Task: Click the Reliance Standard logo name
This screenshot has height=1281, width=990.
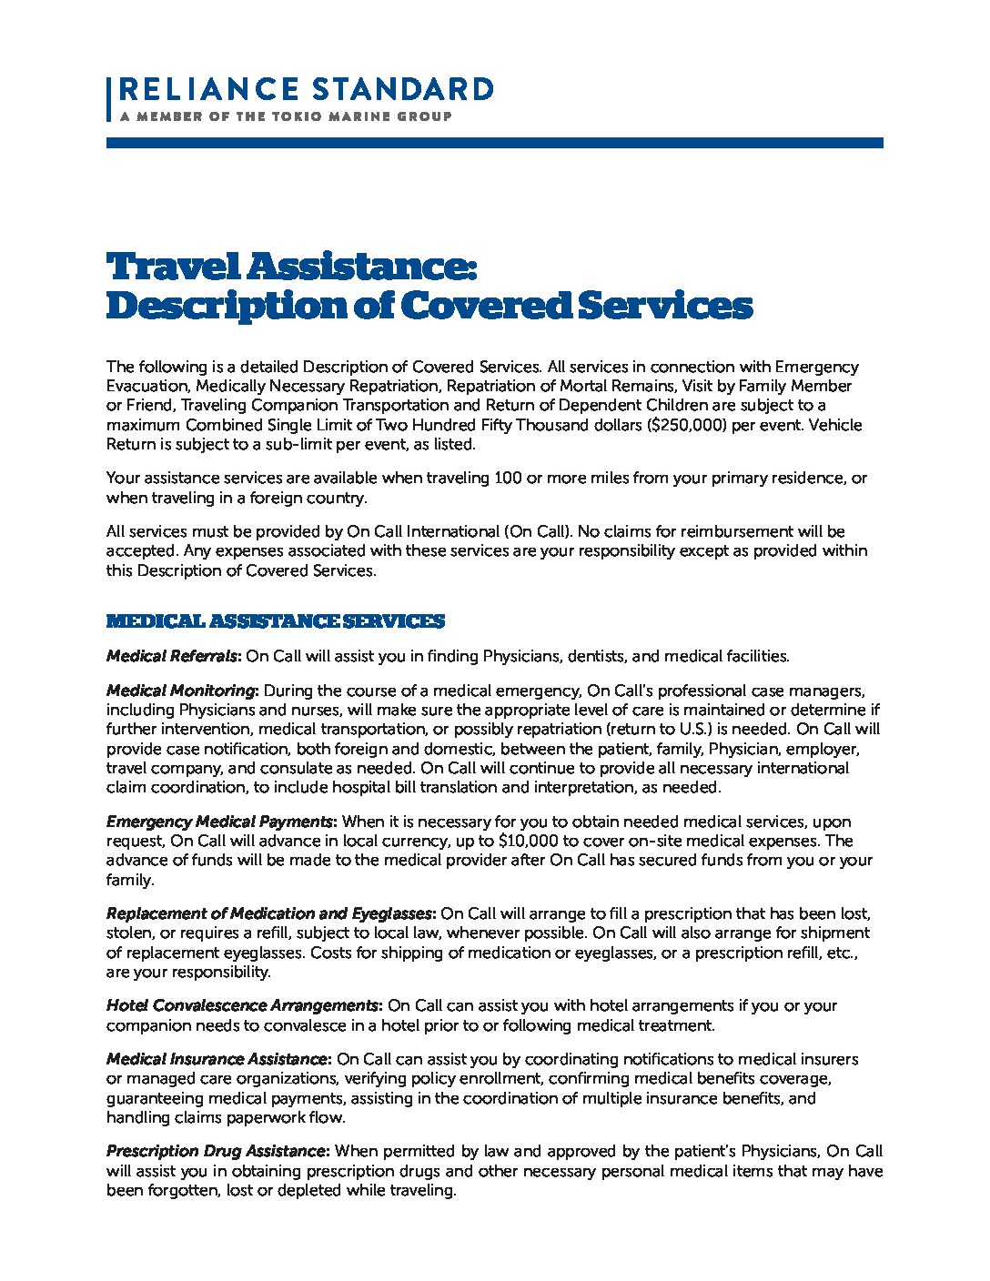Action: click(306, 89)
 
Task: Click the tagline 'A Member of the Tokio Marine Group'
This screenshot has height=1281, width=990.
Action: click(285, 116)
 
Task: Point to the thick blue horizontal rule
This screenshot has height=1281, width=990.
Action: click(494, 143)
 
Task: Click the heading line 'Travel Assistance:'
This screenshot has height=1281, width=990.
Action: click(291, 267)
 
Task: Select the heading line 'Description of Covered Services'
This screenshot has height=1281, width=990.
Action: click(429, 307)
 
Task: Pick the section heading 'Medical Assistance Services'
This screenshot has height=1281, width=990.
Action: click(275, 621)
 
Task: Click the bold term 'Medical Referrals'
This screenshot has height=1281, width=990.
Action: click(171, 656)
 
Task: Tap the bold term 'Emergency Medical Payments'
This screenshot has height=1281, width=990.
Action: click(219, 822)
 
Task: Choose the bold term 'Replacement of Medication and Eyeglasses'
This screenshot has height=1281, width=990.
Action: click(270, 913)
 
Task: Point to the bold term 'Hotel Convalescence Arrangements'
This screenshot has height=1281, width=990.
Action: click(242, 1005)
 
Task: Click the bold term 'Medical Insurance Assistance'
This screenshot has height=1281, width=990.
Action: click(217, 1059)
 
